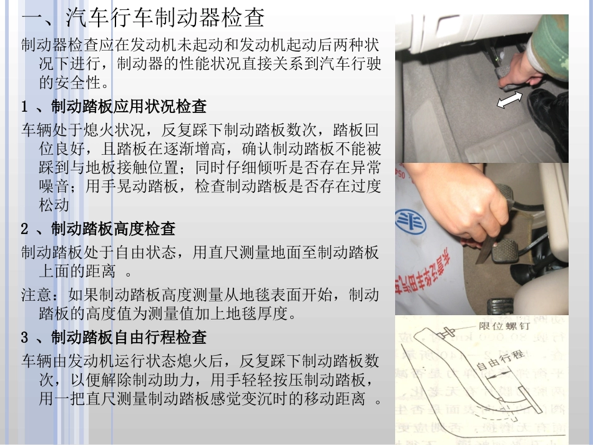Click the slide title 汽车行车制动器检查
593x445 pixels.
tap(165, 18)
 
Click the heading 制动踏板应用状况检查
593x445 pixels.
tap(129, 107)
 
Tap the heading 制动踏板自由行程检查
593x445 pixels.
tap(129, 338)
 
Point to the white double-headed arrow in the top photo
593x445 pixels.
tap(510, 99)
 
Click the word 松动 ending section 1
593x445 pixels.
tap(54, 205)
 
